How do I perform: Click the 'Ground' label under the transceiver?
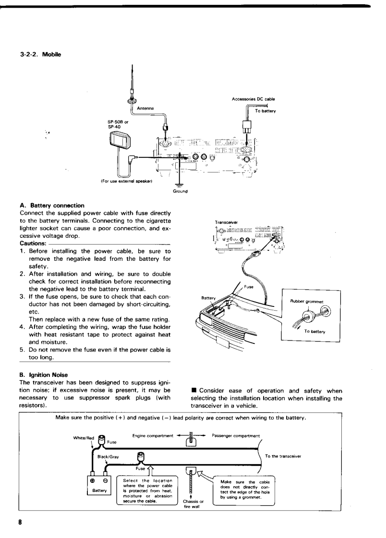[x=179, y=190]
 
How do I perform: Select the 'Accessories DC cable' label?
[x=253, y=99]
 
